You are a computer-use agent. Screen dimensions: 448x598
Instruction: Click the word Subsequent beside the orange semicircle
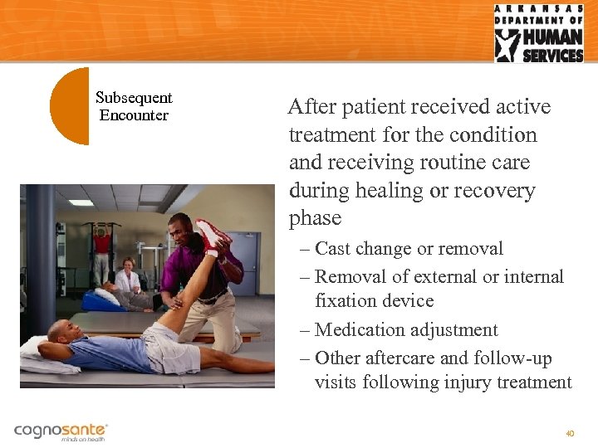pyautogui.click(x=134, y=98)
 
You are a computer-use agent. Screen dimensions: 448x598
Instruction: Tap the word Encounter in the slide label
pyautogui.click(x=134, y=115)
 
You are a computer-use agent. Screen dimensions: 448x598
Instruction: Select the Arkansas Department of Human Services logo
pyautogui.click(x=538, y=33)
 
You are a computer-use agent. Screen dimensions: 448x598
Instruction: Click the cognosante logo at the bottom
pyautogui.click(x=61, y=431)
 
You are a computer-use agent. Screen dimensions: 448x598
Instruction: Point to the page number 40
pyautogui.click(x=570, y=433)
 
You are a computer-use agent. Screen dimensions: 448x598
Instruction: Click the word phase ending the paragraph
pyautogui.click(x=315, y=218)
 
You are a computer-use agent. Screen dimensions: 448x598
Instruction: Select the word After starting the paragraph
pyautogui.click(x=312, y=107)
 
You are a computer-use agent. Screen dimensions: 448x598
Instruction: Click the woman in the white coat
pyautogui.click(x=128, y=276)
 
